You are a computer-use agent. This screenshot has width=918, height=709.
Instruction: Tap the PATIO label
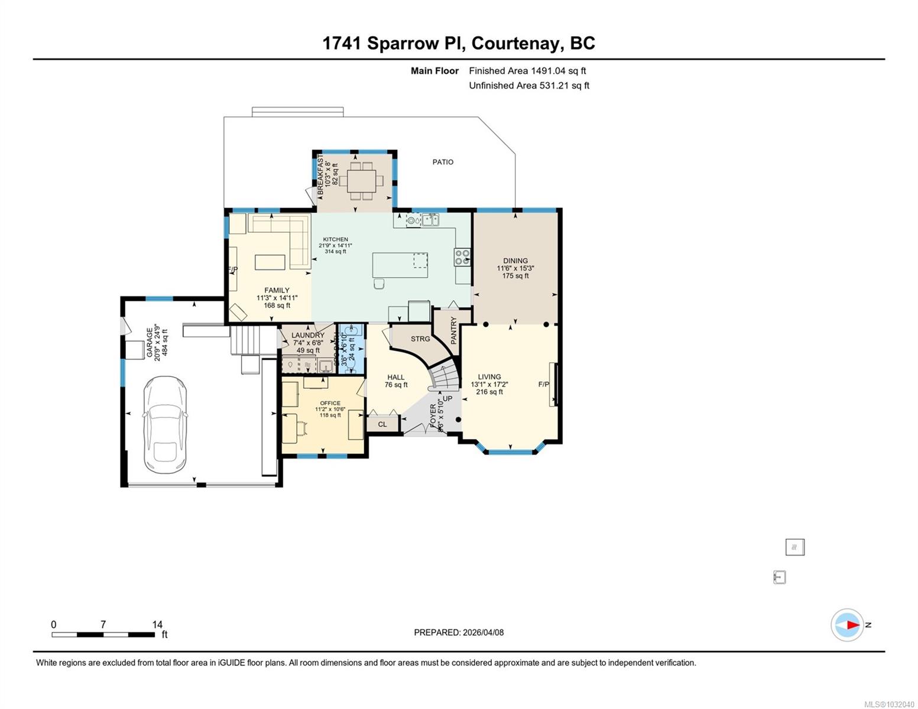click(x=443, y=162)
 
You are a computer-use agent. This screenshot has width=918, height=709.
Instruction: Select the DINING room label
click(x=515, y=261)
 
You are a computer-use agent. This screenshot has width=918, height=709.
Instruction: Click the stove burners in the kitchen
click(x=462, y=257)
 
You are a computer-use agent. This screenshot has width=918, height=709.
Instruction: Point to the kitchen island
click(x=400, y=265)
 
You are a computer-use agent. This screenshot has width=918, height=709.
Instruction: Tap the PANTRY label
click(x=454, y=330)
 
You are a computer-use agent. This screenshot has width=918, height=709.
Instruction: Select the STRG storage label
click(x=420, y=339)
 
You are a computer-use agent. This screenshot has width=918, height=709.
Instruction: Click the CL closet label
click(x=382, y=424)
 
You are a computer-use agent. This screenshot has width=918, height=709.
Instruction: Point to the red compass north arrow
click(x=852, y=625)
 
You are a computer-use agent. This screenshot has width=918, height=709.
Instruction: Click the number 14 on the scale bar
click(x=157, y=625)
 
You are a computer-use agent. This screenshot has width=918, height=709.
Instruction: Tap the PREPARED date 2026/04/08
click(x=483, y=632)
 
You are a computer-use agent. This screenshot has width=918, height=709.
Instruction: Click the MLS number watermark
click(x=889, y=704)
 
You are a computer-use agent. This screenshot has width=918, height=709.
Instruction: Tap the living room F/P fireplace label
click(x=543, y=385)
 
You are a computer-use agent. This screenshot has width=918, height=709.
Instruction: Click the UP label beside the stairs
click(x=447, y=399)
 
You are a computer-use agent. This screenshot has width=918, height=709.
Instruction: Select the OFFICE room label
click(x=330, y=403)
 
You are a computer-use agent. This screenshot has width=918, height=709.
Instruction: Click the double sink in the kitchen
click(x=430, y=220)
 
